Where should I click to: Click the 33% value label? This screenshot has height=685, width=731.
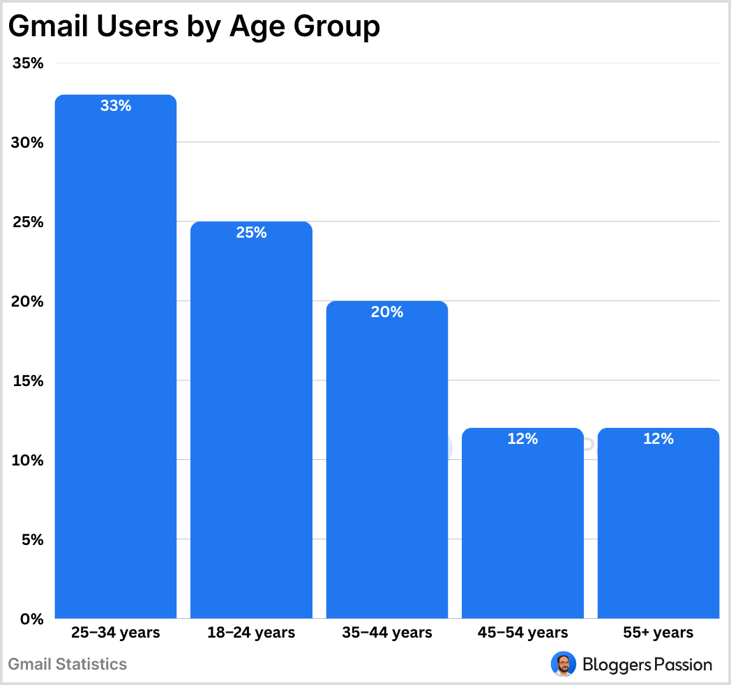(x=116, y=106)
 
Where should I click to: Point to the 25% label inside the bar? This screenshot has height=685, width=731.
(x=251, y=233)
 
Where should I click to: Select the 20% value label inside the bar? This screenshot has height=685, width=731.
(x=387, y=312)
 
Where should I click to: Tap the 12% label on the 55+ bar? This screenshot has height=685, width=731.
(x=658, y=439)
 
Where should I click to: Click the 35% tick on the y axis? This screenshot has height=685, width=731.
(x=29, y=63)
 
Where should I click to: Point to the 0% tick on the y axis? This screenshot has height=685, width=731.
(x=32, y=619)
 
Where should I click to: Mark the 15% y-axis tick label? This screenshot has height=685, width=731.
(x=29, y=381)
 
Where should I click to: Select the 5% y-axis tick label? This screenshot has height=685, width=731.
(x=32, y=540)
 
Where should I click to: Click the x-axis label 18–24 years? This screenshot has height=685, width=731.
(x=251, y=633)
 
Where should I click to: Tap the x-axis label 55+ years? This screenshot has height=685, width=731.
(x=658, y=633)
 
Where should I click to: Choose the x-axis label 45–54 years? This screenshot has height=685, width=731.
(x=522, y=633)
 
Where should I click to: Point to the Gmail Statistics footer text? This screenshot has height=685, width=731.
(x=68, y=664)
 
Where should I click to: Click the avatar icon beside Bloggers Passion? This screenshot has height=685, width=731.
(x=563, y=664)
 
